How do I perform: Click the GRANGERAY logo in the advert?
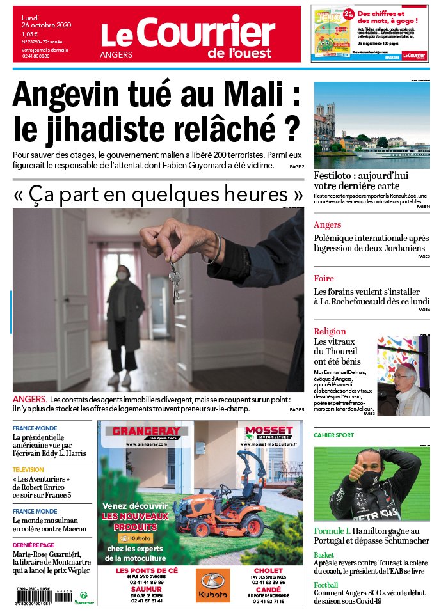coord(146,432)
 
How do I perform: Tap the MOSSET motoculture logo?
coord(269,432)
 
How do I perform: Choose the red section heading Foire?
coord(324,278)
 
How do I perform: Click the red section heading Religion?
coord(330,331)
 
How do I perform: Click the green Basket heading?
coord(324,554)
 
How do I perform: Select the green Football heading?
coord(326,585)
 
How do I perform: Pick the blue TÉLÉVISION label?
coord(28,469)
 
